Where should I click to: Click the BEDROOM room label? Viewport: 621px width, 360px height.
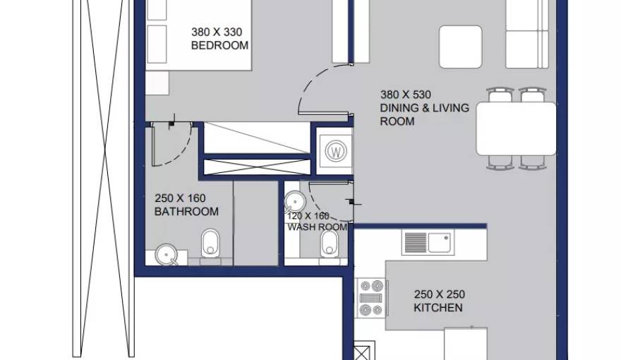click(219, 45)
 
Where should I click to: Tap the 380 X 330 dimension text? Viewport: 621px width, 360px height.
click(217, 32)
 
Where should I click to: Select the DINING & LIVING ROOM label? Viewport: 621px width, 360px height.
click(424, 114)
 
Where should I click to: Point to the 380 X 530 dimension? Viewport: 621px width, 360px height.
click(406, 95)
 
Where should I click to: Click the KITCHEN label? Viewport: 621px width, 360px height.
click(438, 308)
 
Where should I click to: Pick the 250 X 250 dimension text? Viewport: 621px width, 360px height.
click(440, 294)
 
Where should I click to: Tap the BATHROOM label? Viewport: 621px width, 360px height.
click(186, 212)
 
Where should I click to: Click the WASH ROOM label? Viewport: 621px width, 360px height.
click(318, 227)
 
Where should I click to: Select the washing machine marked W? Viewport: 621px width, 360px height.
click(336, 151)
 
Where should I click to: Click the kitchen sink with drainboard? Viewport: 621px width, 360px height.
click(428, 242)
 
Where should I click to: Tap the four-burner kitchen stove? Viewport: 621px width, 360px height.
click(371, 298)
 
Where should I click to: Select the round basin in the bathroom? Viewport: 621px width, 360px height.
click(167, 254)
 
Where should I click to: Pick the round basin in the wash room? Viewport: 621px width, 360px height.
click(295, 202)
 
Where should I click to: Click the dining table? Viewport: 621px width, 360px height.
click(516, 128)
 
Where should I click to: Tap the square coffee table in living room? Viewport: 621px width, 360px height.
click(461, 47)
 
